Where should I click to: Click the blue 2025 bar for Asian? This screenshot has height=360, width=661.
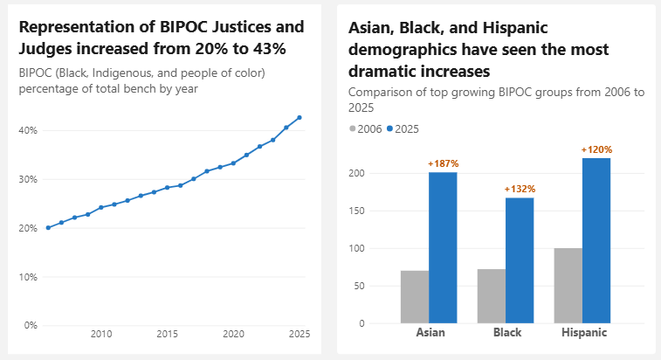click(x=443, y=247)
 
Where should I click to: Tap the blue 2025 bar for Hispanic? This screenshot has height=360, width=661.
click(x=596, y=240)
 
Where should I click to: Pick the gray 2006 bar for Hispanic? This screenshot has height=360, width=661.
click(x=568, y=286)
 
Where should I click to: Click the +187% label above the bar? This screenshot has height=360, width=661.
click(x=443, y=163)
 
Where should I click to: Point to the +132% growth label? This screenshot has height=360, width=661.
click(x=520, y=189)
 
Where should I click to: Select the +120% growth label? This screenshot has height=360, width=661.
click(x=596, y=149)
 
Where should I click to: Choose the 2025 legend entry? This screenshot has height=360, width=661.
click(x=403, y=128)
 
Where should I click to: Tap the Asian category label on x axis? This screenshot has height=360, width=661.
click(x=429, y=333)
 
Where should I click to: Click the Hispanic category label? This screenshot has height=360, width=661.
click(x=582, y=333)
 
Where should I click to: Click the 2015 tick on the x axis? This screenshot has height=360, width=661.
click(x=167, y=334)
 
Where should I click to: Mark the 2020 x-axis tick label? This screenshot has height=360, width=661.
click(x=233, y=334)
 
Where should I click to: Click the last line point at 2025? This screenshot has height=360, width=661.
click(x=300, y=117)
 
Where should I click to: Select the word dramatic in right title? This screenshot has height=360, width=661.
click(x=384, y=71)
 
